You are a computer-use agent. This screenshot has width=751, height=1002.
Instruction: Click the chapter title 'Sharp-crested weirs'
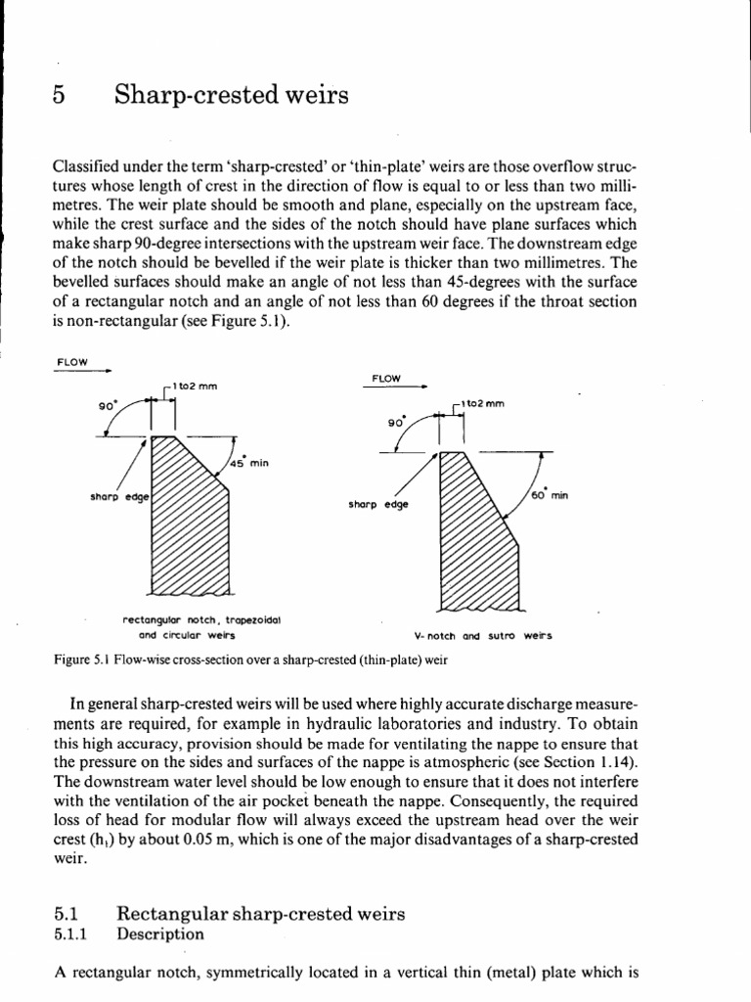(231, 96)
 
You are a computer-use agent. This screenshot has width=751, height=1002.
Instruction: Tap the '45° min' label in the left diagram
(247, 463)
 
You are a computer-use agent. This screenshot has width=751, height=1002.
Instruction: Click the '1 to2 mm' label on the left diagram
(195, 386)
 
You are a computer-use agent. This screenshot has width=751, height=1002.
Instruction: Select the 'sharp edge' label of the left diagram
(116, 496)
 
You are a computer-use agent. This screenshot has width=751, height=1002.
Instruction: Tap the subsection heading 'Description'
(160, 934)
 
